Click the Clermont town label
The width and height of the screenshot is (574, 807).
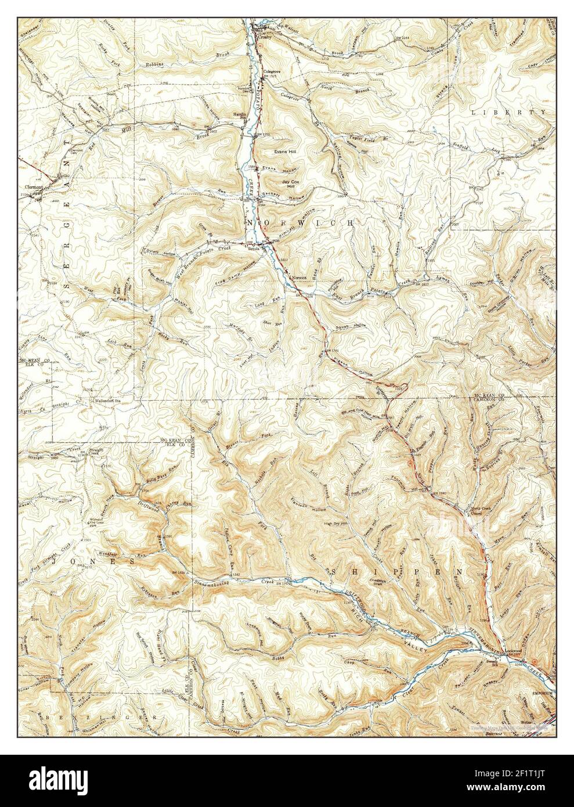coord(34,188)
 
